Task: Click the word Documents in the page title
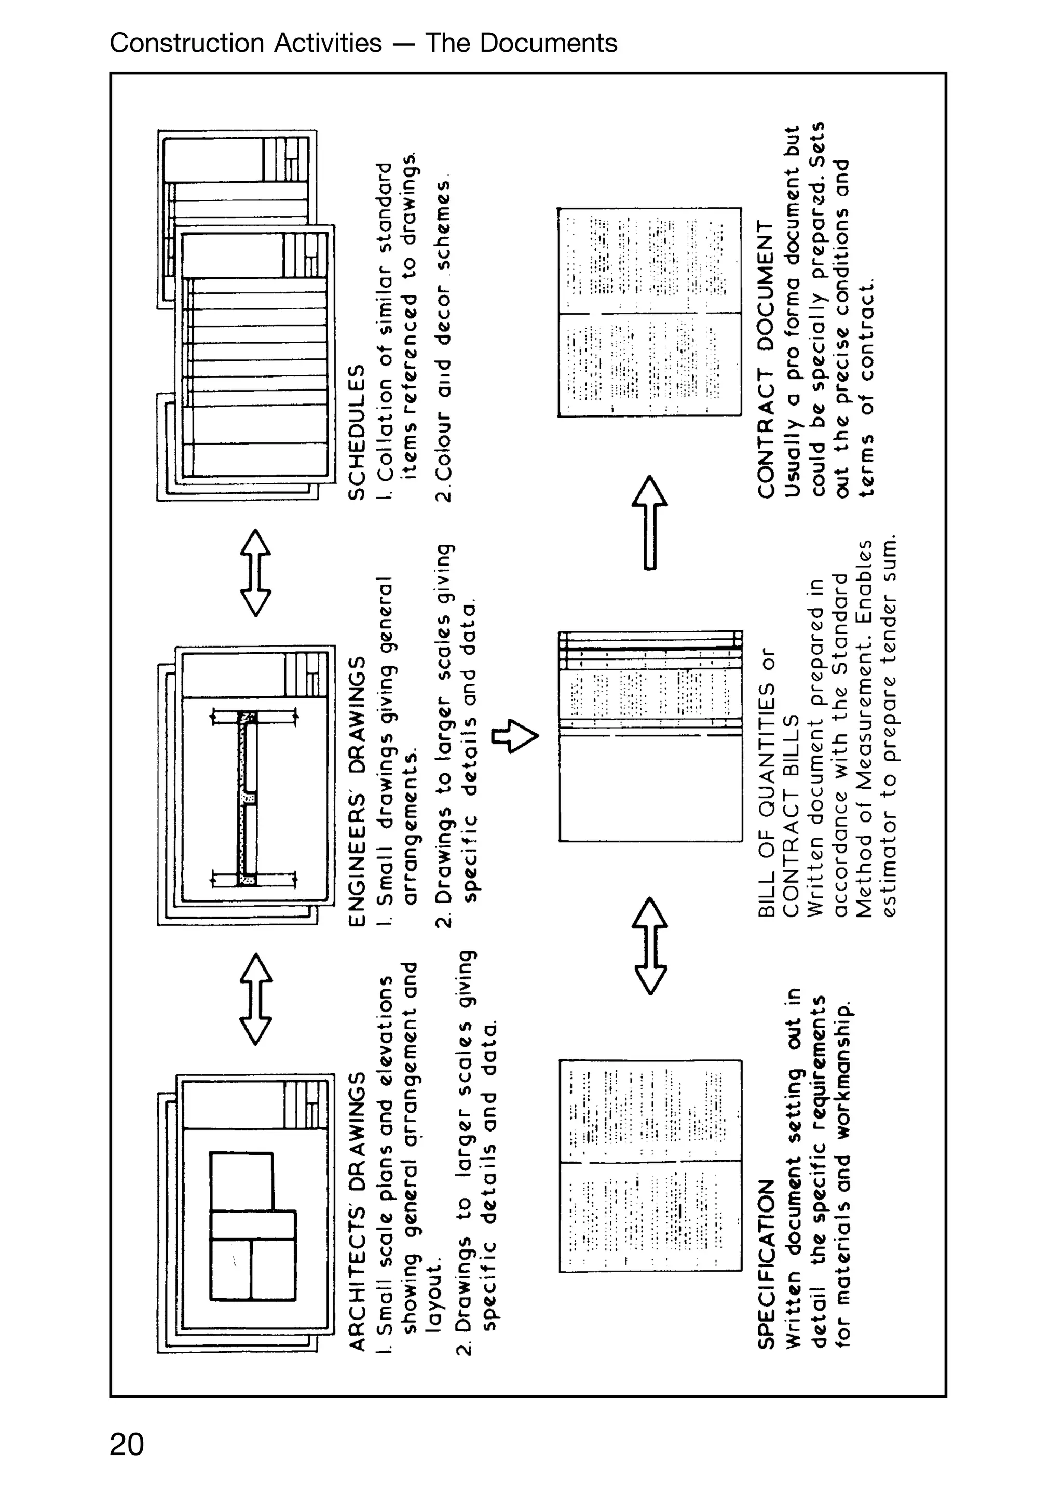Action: tap(548, 43)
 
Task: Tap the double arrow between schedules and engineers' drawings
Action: tap(255, 573)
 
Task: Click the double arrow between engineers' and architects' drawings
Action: tap(255, 999)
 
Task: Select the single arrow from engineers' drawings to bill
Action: tap(516, 736)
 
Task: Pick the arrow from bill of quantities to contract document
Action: tap(649, 522)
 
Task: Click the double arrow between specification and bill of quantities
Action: tap(649, 946)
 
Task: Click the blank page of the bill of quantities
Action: tap(650, 788)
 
